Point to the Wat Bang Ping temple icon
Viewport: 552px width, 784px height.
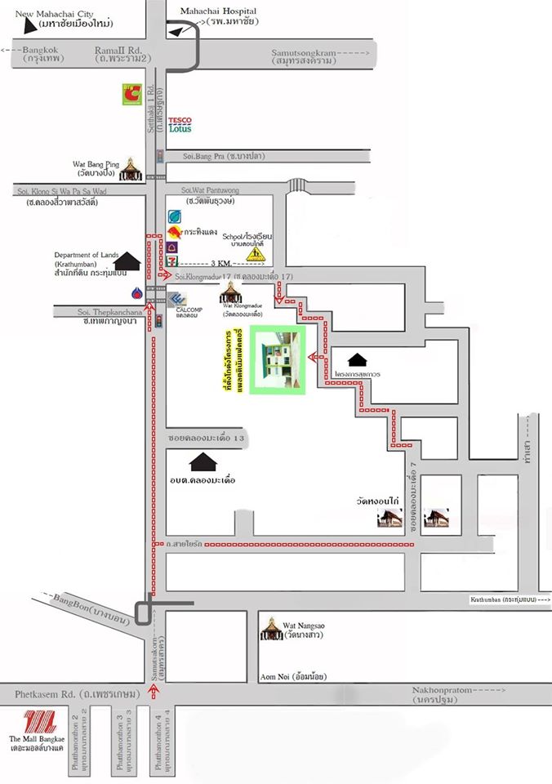coord(130,170)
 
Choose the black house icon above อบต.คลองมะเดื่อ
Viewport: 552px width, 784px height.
coord(203,462)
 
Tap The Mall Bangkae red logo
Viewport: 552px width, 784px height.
coord(38,724)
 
